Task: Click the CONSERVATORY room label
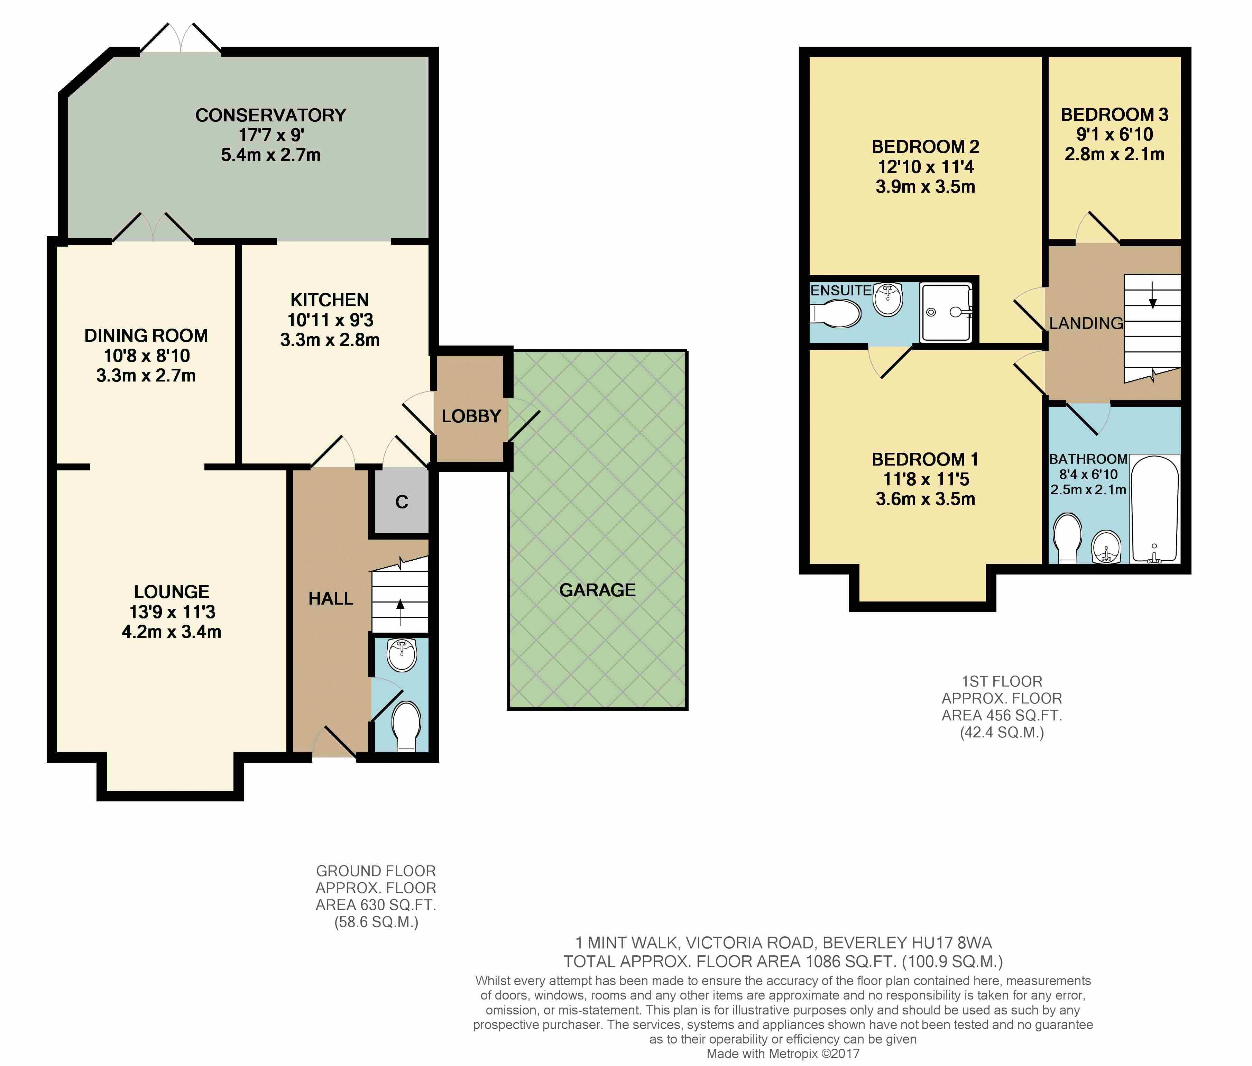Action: [271, 115]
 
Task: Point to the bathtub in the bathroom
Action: [1155, 509]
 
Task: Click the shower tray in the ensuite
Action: [946, 312]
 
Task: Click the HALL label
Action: [331, 598]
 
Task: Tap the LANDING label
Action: [1086, 323]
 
